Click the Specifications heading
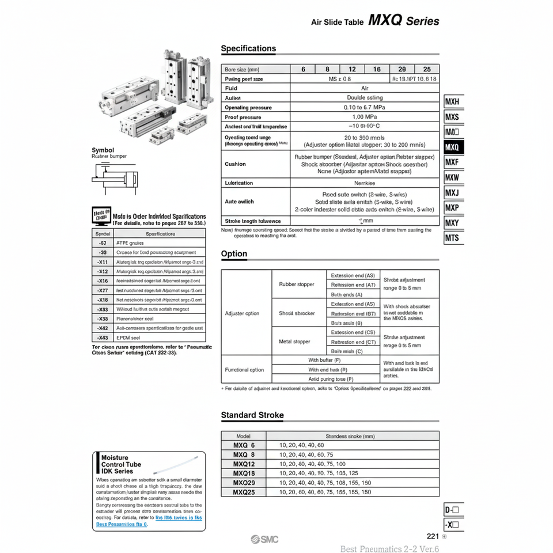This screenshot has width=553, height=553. point(248,49)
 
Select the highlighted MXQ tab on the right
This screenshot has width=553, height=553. point(453,147)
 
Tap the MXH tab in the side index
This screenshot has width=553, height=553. point(453,103)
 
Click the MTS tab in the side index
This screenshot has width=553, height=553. point(453,237)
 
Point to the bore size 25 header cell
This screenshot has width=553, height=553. point(427,69)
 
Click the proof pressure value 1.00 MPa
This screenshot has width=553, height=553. point(364,117)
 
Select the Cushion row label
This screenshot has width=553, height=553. point(235,164)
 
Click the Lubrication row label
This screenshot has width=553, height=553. point(238,183)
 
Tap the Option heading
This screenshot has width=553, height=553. point(234,254)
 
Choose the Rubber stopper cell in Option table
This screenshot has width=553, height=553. point(297,285)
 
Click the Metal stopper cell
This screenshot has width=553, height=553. point(294,342)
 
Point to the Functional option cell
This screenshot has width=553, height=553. point(245,370)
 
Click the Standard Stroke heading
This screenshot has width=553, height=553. point(252,415)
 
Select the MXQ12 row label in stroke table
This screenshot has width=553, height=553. point(244,464)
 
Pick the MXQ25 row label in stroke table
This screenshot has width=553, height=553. point(244,492)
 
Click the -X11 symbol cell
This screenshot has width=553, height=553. point(103,262)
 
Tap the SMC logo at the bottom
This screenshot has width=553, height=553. point(264,539)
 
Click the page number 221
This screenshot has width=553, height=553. point(433,536)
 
